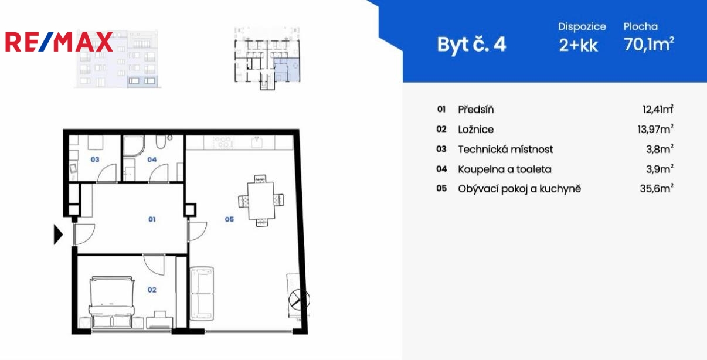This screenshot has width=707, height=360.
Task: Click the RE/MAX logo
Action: pos(59,42)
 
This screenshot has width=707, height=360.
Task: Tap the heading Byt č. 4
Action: pos(471,45)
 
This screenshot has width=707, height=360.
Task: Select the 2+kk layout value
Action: pos(578,45)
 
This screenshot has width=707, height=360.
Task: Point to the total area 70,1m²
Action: pos(649,44)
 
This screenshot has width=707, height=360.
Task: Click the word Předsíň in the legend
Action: pos(476,110)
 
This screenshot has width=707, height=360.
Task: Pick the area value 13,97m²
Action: pos(655,129)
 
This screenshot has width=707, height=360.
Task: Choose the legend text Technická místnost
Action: pos(506,150)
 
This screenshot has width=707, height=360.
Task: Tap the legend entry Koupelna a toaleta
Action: pos(505,169)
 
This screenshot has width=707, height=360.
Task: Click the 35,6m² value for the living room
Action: pos(657,189)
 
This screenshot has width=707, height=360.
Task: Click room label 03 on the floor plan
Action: pos(95,159)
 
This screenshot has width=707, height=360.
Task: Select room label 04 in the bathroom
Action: pos(152,159)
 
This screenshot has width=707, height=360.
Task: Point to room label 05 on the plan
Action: pos(229,219)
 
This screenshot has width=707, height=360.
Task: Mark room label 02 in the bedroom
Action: pos(152,290)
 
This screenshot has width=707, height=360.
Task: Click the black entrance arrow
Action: pos(58,235)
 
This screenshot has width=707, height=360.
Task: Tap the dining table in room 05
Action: pos(261,201)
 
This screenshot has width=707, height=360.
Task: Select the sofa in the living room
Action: pos(202,293)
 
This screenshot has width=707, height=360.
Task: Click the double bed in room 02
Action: pos(112,303)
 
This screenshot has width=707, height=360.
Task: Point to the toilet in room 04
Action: pos(161,142)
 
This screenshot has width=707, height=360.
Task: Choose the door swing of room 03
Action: pos(107,173)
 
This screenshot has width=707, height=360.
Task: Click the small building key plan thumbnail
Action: pos(267,59)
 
